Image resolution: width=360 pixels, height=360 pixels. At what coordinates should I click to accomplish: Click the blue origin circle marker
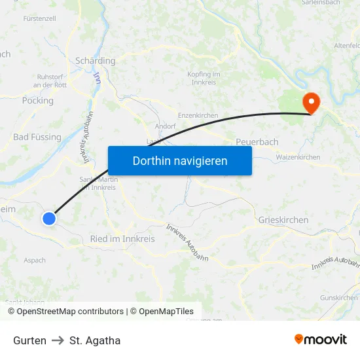[49, 219]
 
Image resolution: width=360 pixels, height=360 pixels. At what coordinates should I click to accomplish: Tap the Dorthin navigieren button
[180, 160]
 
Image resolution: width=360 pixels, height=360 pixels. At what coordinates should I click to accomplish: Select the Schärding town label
[96, 61]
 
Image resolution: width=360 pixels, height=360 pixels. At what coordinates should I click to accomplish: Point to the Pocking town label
[38, 101]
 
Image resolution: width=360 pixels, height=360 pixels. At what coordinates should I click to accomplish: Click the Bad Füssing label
[37, 137]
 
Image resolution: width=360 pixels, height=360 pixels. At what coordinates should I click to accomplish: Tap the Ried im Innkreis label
[122, 239]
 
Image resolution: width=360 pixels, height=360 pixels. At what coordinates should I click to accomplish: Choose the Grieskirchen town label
[283, 220]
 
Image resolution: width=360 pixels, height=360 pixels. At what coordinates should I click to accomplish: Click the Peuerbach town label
[257, 142]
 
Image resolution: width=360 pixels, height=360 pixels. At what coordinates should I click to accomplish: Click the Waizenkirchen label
[298, 157]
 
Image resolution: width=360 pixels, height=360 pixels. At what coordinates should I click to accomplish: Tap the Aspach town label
[35, 260]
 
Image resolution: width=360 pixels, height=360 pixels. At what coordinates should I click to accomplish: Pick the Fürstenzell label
[39, 18]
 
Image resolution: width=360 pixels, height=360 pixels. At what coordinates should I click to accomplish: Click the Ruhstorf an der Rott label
[50, 81]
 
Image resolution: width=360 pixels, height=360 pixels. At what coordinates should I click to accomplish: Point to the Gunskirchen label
[339, 298]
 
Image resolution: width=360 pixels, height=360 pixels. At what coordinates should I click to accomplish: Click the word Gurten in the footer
[29, 340]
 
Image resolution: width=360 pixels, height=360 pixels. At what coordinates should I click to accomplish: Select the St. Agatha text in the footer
[95, 340]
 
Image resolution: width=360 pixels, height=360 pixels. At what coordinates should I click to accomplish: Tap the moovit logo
[321, 340]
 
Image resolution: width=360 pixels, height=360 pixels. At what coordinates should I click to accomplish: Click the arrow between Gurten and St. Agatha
[58, 340]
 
